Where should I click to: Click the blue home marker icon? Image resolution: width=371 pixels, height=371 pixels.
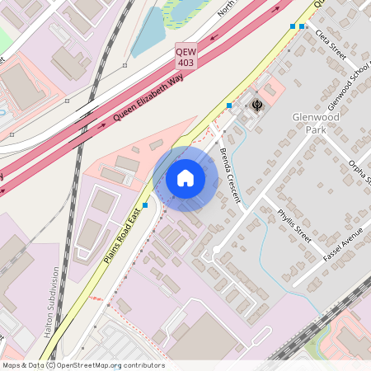[185, 177]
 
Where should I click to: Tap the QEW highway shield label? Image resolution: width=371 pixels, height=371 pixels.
[186, 51]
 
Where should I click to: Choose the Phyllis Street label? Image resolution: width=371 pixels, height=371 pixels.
[294, 225]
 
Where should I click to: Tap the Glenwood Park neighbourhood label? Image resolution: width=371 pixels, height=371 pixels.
[315, 123]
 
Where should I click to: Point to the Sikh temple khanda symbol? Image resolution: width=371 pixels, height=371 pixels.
[257, 105]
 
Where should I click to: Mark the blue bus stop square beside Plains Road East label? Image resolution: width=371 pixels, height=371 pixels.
[145, 204]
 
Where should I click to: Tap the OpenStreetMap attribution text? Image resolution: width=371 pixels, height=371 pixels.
[82, 365]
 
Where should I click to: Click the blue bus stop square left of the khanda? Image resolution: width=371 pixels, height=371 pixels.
[229, 106]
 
